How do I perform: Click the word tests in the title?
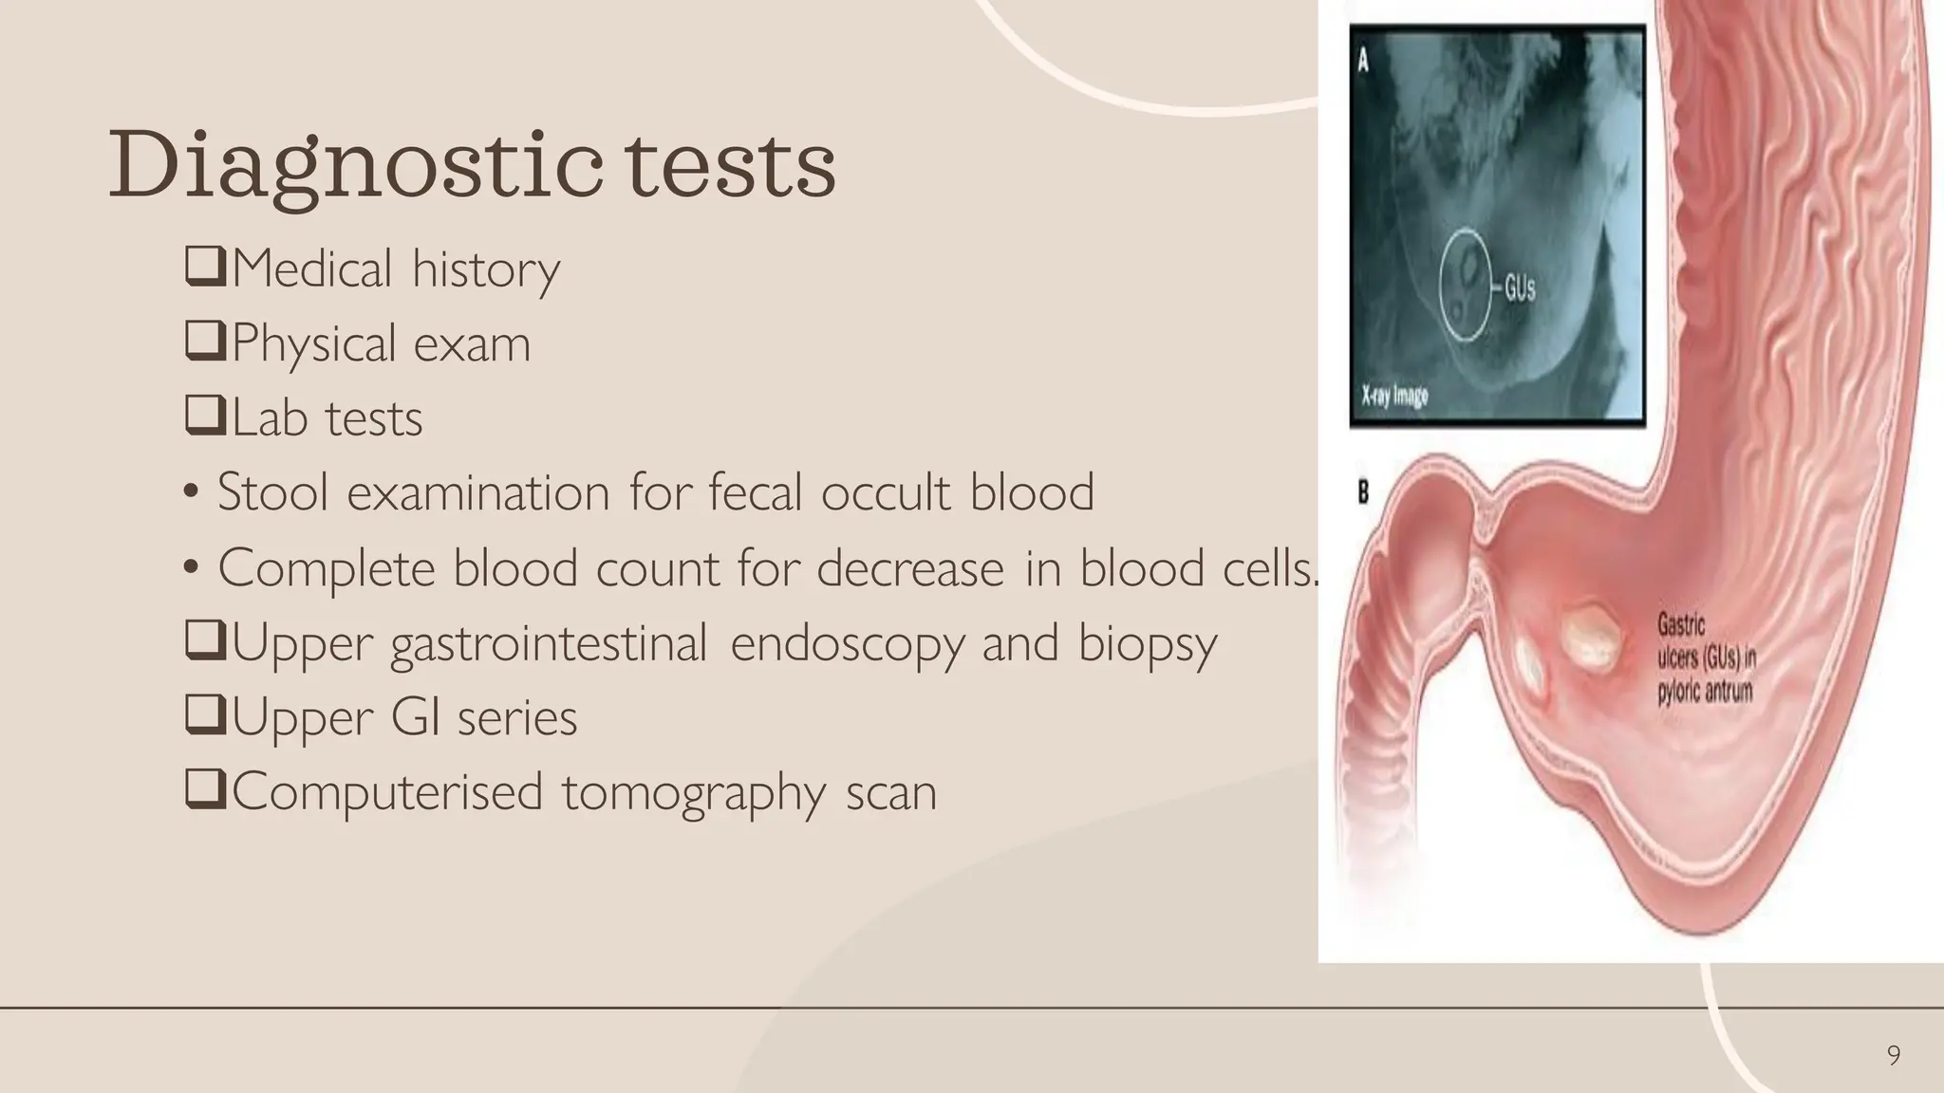point(730,166)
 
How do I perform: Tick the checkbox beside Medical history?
point(205,268)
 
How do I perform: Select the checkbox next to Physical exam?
point(205,342)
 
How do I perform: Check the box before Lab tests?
point(205,417)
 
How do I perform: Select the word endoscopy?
point(847,643)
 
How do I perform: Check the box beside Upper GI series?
point(205,716)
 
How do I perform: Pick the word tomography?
point(694,793)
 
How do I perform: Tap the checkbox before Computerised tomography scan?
point(205,790)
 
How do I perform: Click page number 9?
point(1893,1055)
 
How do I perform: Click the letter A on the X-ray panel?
point(1364,61)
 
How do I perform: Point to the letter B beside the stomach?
point(1363,492)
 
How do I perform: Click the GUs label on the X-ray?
point(1519,288)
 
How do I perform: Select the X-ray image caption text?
point(1394,395)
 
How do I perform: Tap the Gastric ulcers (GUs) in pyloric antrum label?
point(1706,658)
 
